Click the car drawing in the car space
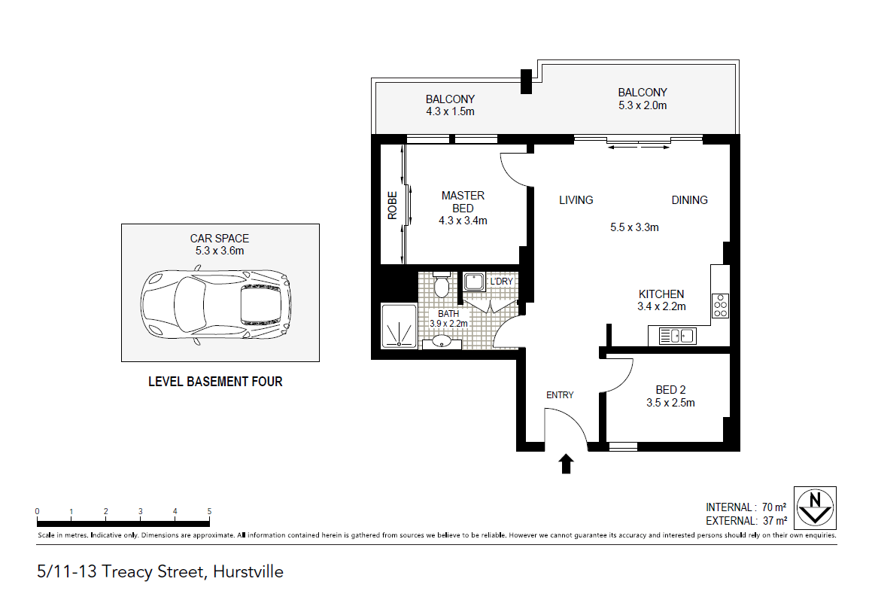(x=216, y=305)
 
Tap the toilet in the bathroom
(x=442, y=285)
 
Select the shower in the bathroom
(x=399, y=326)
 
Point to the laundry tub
(x=474, y=282)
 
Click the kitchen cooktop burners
(x=721, y=306)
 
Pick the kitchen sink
(x=677, y=336)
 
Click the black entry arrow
(x=566, y=464)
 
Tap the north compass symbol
(x=816, y=507)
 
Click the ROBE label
(x=393, y=206)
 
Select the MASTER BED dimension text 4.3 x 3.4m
(x=463, y=221)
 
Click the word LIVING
(x=576, y=200)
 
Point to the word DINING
(x=689, y=200)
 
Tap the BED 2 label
(x=670, y=390)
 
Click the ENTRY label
(x=560, y=395)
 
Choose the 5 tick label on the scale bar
(x=209, y=511)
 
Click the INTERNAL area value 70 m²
(x=773, y=507)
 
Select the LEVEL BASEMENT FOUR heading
(x=215, y=382)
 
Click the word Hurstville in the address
(x=248, y=572)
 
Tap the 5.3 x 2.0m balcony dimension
(x=643, y=105)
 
